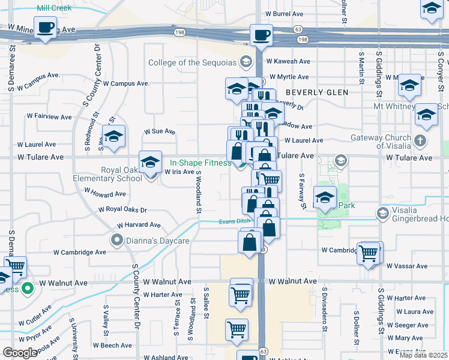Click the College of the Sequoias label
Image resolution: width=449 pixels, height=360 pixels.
(x=193, y=61)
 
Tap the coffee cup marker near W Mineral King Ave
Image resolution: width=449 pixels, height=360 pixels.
(x=45, y=28)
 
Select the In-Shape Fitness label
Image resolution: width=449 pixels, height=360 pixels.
(x=200, y=163)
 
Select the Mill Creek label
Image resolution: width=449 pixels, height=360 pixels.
(x=53, y=8)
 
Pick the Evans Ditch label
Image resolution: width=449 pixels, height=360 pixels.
(x=234, y=221)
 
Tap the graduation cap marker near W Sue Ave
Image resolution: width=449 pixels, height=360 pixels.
(x=113, y=136)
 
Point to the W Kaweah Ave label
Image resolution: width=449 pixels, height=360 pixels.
(x=288, y=61)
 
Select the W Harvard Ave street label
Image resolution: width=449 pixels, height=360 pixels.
(x=139, y=224)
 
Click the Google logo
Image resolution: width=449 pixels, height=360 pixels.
(x=20, y=353)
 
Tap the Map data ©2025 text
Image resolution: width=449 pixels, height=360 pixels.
(x=423, y=355)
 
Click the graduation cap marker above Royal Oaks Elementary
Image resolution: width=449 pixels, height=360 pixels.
(x=150, y=161)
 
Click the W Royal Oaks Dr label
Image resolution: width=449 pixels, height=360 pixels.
(x=122, y=209)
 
